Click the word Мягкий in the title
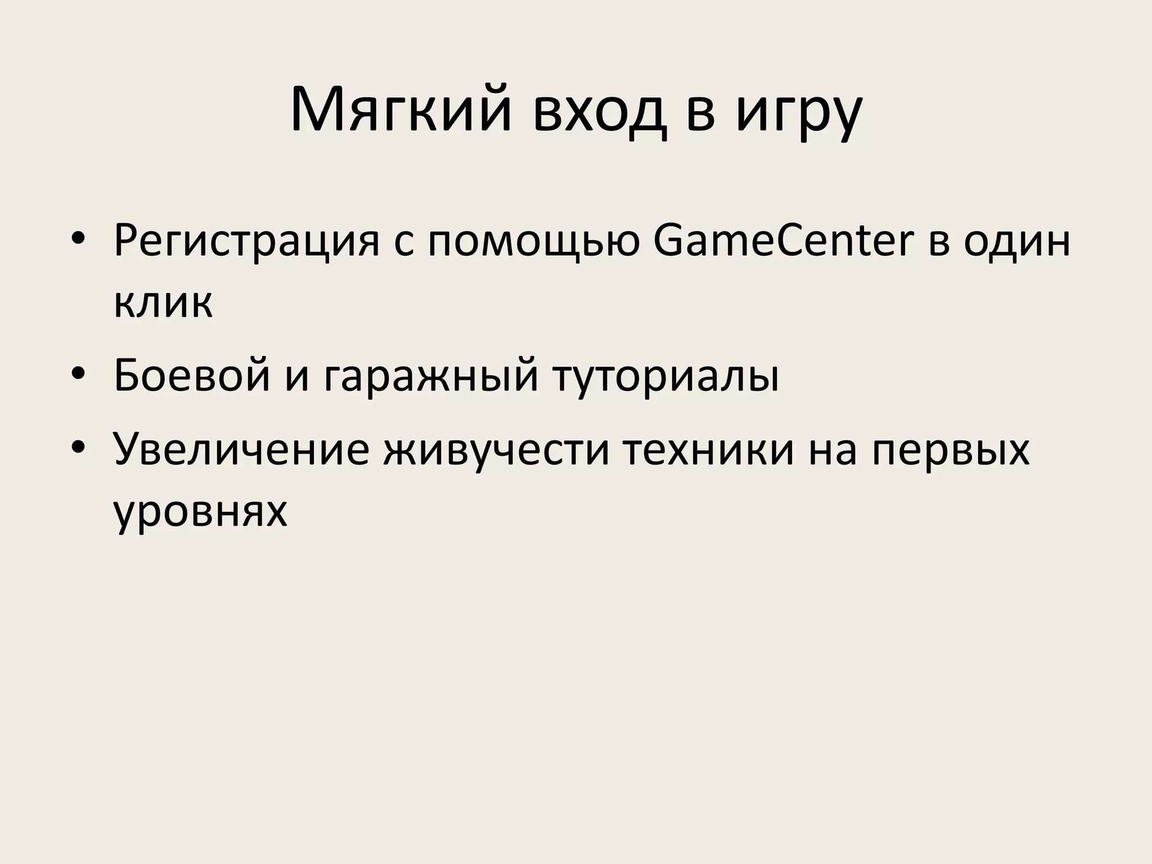[x=400, y=111]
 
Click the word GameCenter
[x=782, y=241]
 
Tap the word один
[x=1016, y=241]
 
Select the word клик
[x=163, y=304]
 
